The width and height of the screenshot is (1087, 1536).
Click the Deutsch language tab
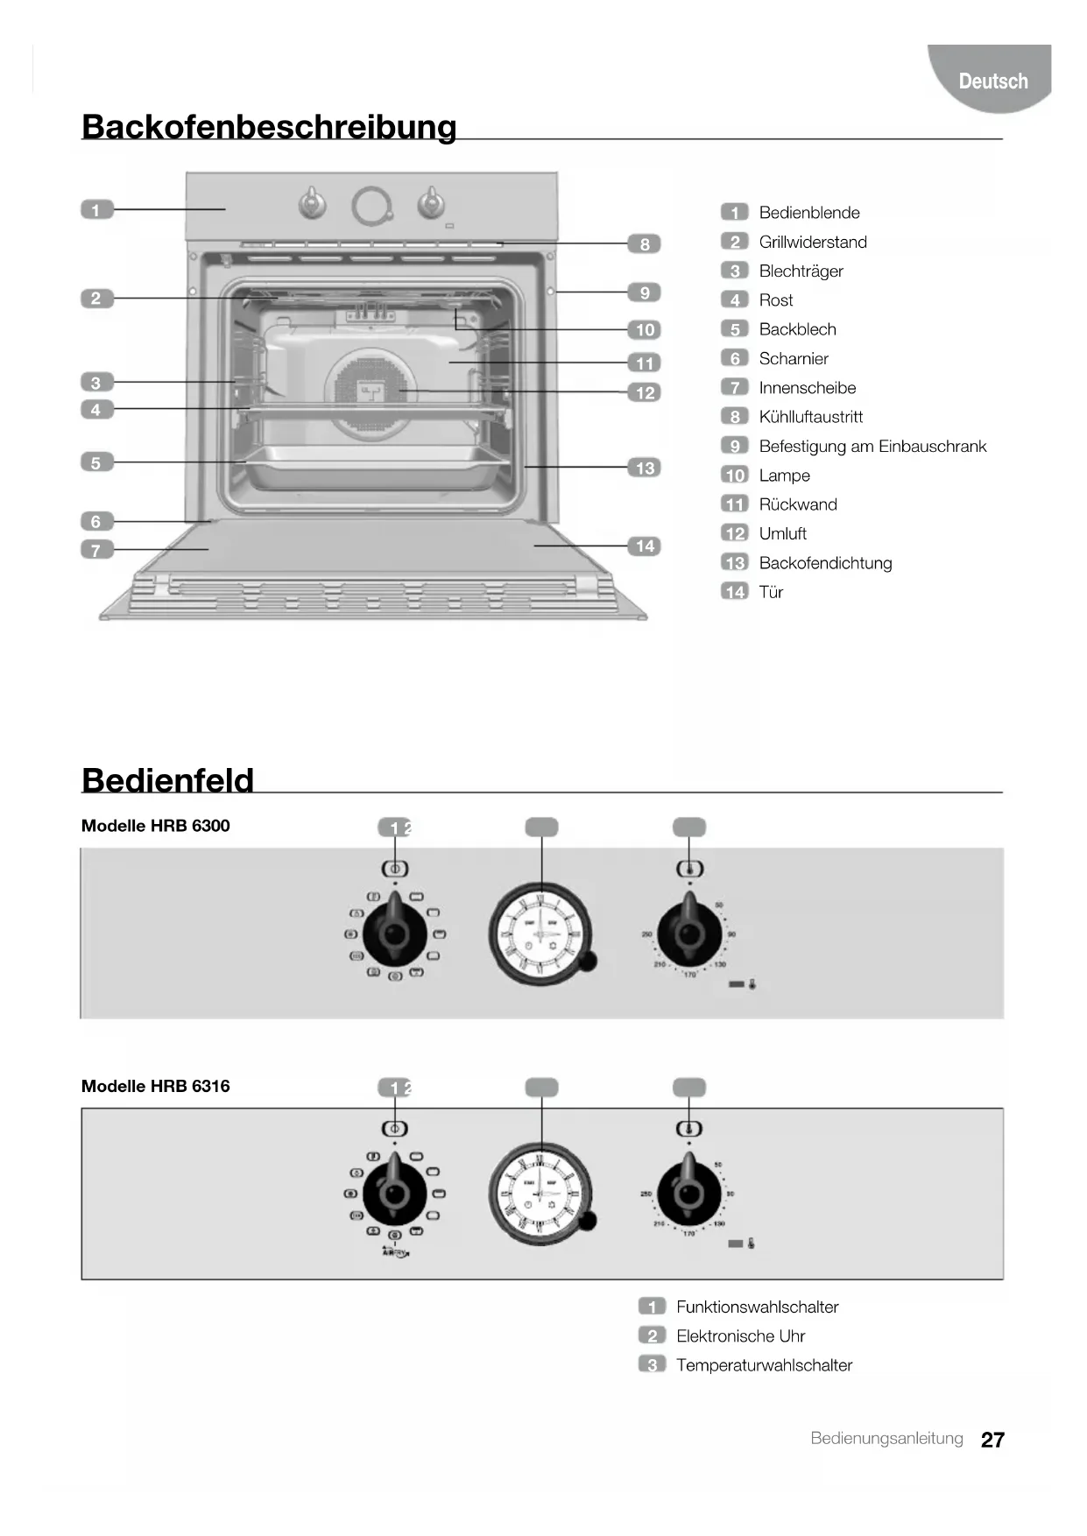pos(992,81)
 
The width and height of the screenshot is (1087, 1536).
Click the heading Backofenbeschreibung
pos(269,127)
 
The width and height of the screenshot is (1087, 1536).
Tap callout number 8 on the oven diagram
pos(645,244)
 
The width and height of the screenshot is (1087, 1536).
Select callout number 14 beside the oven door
pos(645,546)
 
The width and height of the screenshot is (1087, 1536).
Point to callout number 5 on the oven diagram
pos(96,462)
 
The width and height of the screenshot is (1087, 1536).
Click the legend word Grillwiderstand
pos(812,242)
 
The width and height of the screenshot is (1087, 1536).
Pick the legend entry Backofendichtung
pos(825,563)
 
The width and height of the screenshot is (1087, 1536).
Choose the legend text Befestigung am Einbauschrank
pos(872,447)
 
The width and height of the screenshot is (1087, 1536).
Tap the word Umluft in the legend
pos(782,533)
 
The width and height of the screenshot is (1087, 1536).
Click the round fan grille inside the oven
pos(371,392)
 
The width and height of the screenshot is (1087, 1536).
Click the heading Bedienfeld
pos(167,780)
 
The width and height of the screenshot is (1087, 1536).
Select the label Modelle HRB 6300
pos(155,826)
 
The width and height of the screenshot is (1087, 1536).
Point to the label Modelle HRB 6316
pos(155,1086)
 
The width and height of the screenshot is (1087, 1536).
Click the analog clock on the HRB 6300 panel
pos(540,934)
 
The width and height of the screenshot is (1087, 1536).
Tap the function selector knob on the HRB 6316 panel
pos(395,1193)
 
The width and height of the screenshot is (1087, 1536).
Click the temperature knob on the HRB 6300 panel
pos(689,934)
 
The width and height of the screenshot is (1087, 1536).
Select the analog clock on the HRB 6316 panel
pos(540,1193)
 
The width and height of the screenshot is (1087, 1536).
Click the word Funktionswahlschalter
pos(757,1307)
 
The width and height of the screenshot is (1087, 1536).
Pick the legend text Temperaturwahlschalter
pos(764,1365)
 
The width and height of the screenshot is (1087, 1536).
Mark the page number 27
pos(992,1440)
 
